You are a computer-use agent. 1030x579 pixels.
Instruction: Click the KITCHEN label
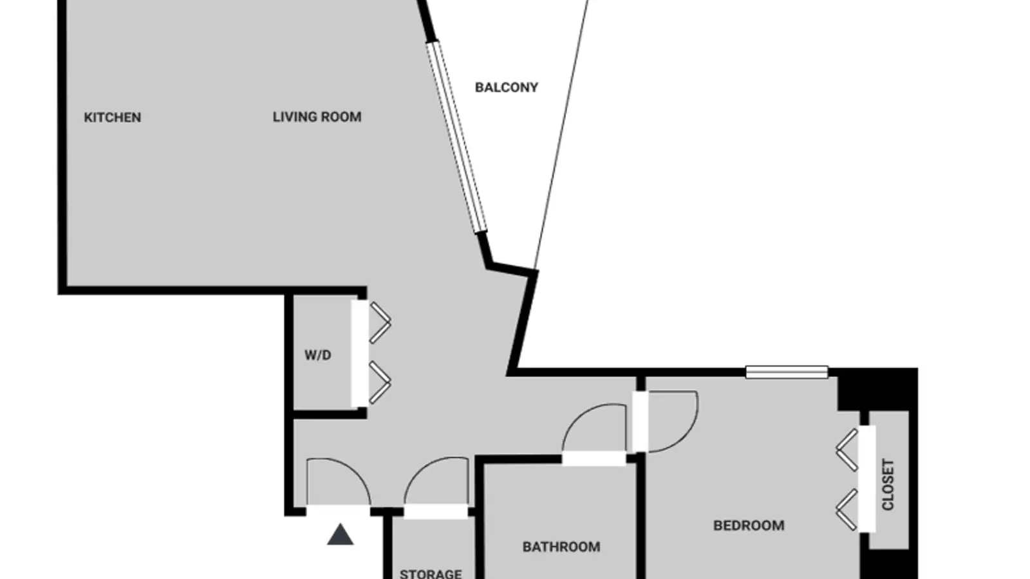coord(112,118)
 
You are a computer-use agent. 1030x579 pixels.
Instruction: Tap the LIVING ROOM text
coord(317,117)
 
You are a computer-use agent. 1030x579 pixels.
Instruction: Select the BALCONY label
coord(506,87)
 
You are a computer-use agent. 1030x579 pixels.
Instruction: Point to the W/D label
coord(318,355)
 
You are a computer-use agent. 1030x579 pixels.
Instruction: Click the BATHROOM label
coord(561,547)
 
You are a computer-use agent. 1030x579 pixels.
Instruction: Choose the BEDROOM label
coord(749,526)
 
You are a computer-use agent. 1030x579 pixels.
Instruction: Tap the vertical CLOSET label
coord(888,484)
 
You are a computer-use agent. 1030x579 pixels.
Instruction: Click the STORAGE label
coord(431,574)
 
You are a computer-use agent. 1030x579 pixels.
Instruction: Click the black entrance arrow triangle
coord(341,535)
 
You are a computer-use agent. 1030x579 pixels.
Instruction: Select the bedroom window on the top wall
coord(787,372)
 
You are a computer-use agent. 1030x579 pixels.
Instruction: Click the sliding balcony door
coord(456,137)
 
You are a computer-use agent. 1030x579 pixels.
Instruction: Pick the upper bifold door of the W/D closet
coord(380,322)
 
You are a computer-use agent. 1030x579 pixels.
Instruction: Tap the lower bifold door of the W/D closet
coord(380,383)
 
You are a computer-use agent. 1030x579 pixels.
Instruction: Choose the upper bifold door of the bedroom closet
coord(847,450)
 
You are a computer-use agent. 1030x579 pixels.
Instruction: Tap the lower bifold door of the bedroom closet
coord(847,510)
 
